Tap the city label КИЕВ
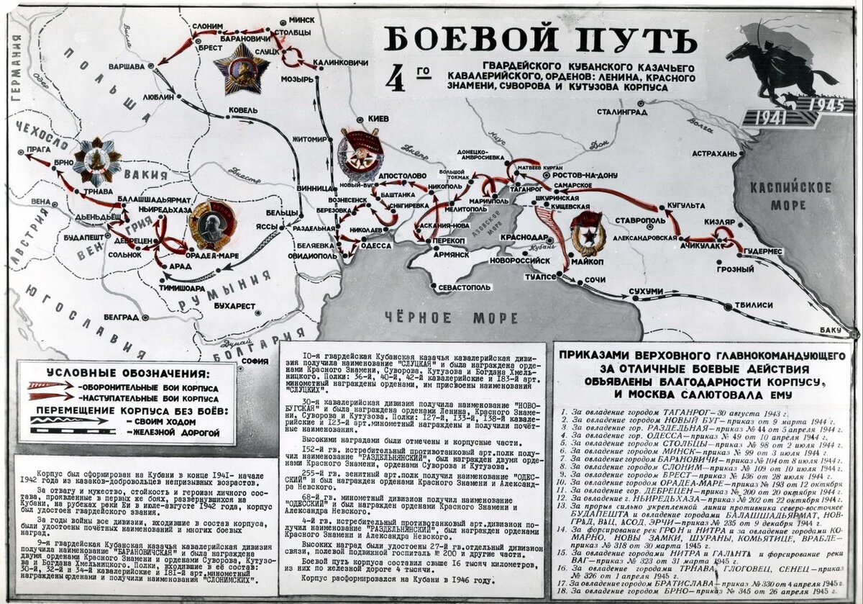(x=378, y=118)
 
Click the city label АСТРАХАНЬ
(x=715, y=153)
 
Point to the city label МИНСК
(x=301, y=19)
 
